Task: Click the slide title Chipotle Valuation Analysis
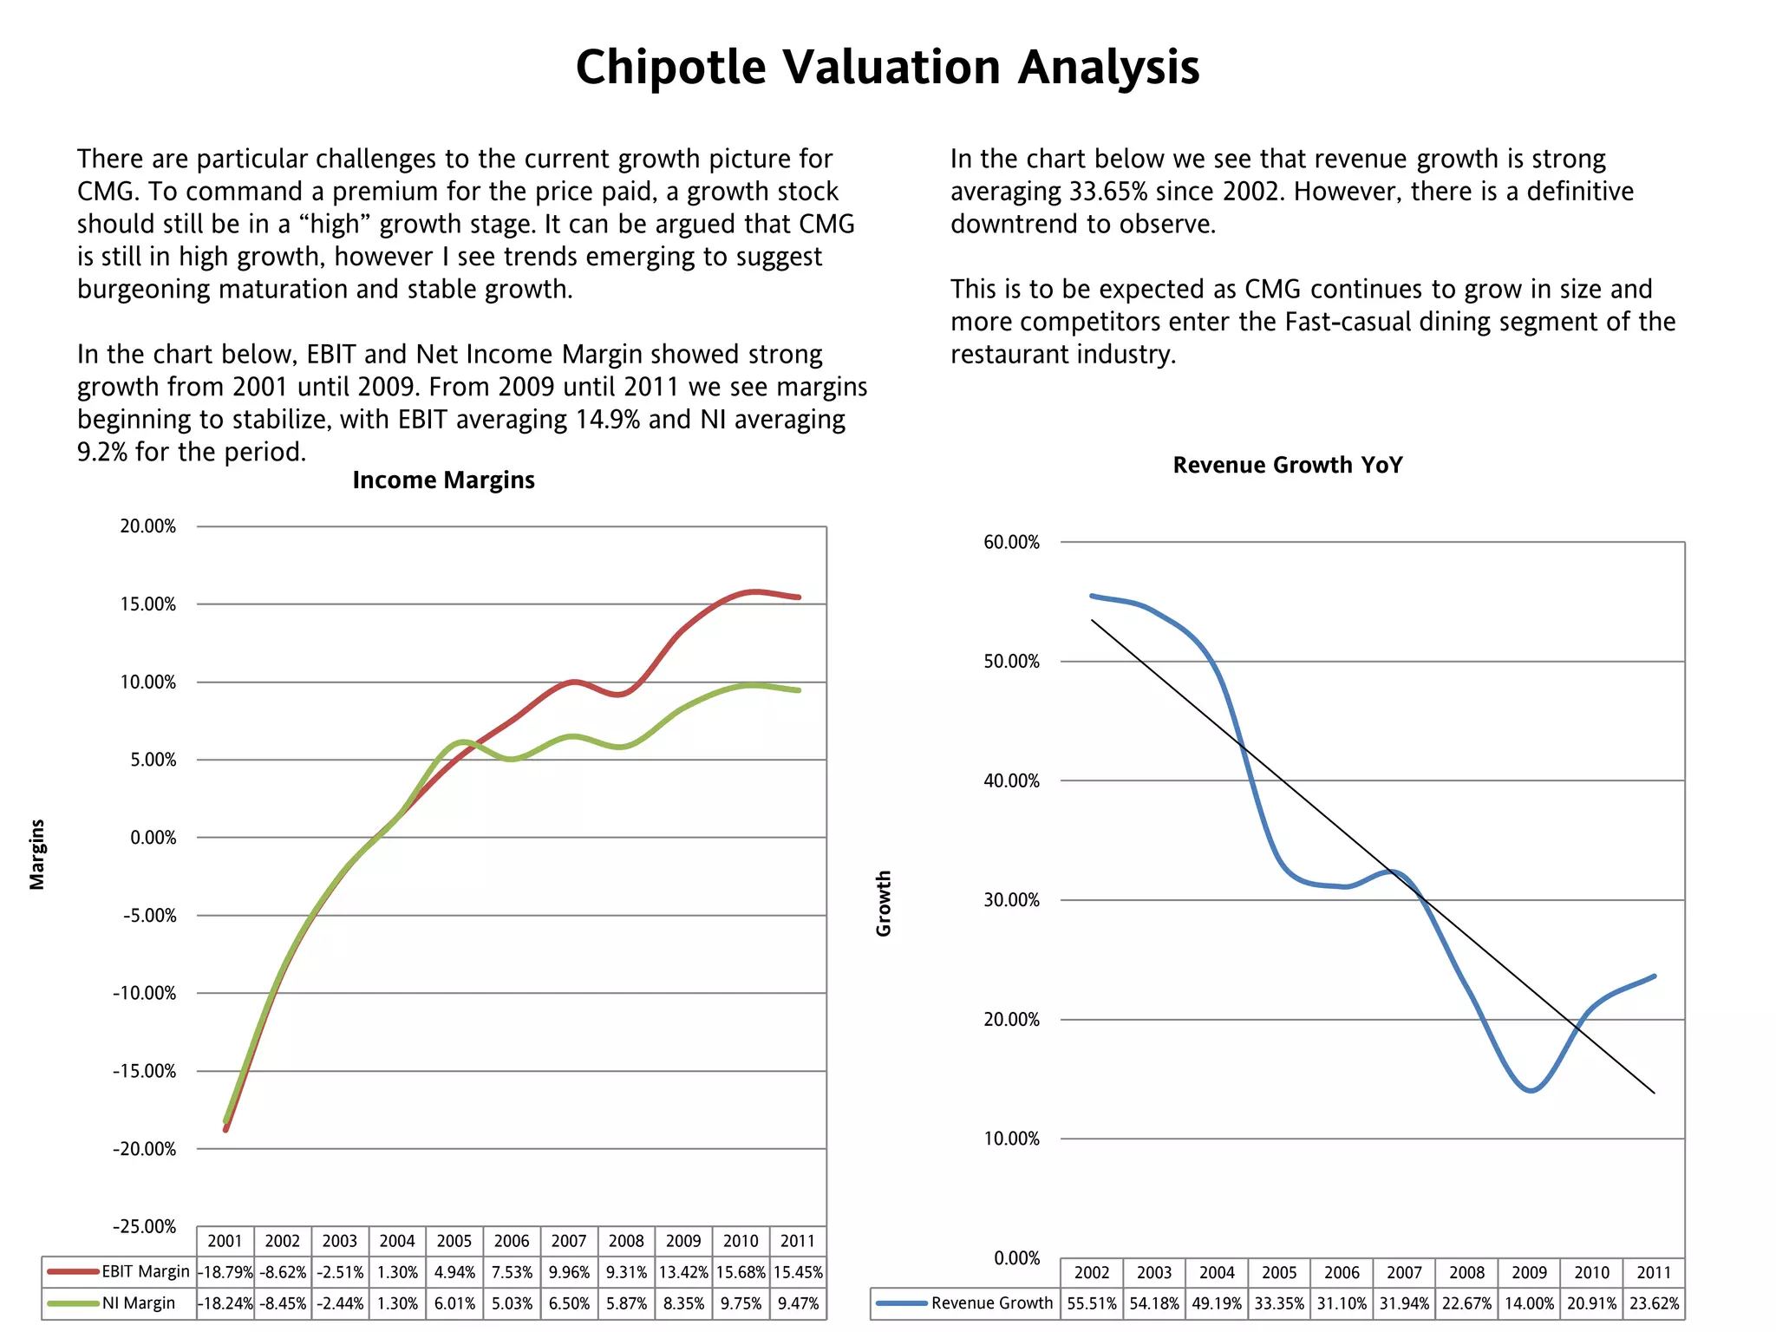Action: click(887, 68)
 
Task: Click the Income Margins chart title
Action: click(443, 480)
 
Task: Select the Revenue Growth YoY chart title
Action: click(1287, 466)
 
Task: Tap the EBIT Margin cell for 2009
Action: click(683, 1272)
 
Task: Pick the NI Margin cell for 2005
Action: click(454, 1303)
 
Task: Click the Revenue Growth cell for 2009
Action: click(1529, 1303)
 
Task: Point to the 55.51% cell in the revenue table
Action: click(1092, 1303)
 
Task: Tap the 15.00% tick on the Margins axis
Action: click(148, 604)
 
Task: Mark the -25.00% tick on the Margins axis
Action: click(145, 1227)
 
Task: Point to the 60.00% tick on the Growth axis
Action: click(1011, 543)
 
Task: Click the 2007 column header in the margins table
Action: click(569, 1242)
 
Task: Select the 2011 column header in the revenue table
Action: click(1654, 1273)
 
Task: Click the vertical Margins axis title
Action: click(37, 854)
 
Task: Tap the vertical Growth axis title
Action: click(884, 904)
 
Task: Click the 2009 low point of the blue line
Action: click(1531, 1091)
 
